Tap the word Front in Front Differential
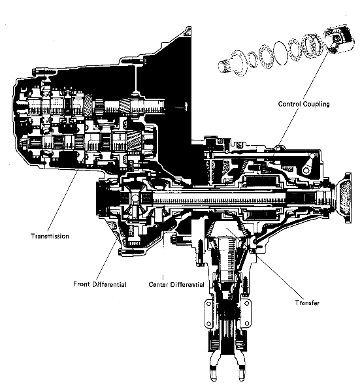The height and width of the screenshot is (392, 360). coord(83,284)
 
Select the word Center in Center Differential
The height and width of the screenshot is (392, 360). coord(161,284)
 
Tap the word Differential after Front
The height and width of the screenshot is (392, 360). coord(111,284)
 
